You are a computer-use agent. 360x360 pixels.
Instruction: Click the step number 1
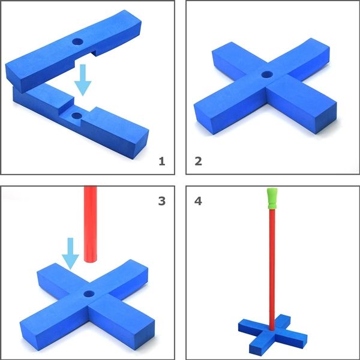click(x=160, y=161)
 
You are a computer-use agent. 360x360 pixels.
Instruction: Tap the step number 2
click(x=199, y=161)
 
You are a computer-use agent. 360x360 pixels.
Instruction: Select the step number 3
click(x=160, y=200)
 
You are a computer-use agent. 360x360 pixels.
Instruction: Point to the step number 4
click(x=199, y=200)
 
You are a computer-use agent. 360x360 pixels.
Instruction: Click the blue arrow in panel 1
click(x=82, y=80)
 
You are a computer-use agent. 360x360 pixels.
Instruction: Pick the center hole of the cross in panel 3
click(x=89, y=295)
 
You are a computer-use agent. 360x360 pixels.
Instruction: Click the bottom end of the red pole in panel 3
click(x=91, y=262)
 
